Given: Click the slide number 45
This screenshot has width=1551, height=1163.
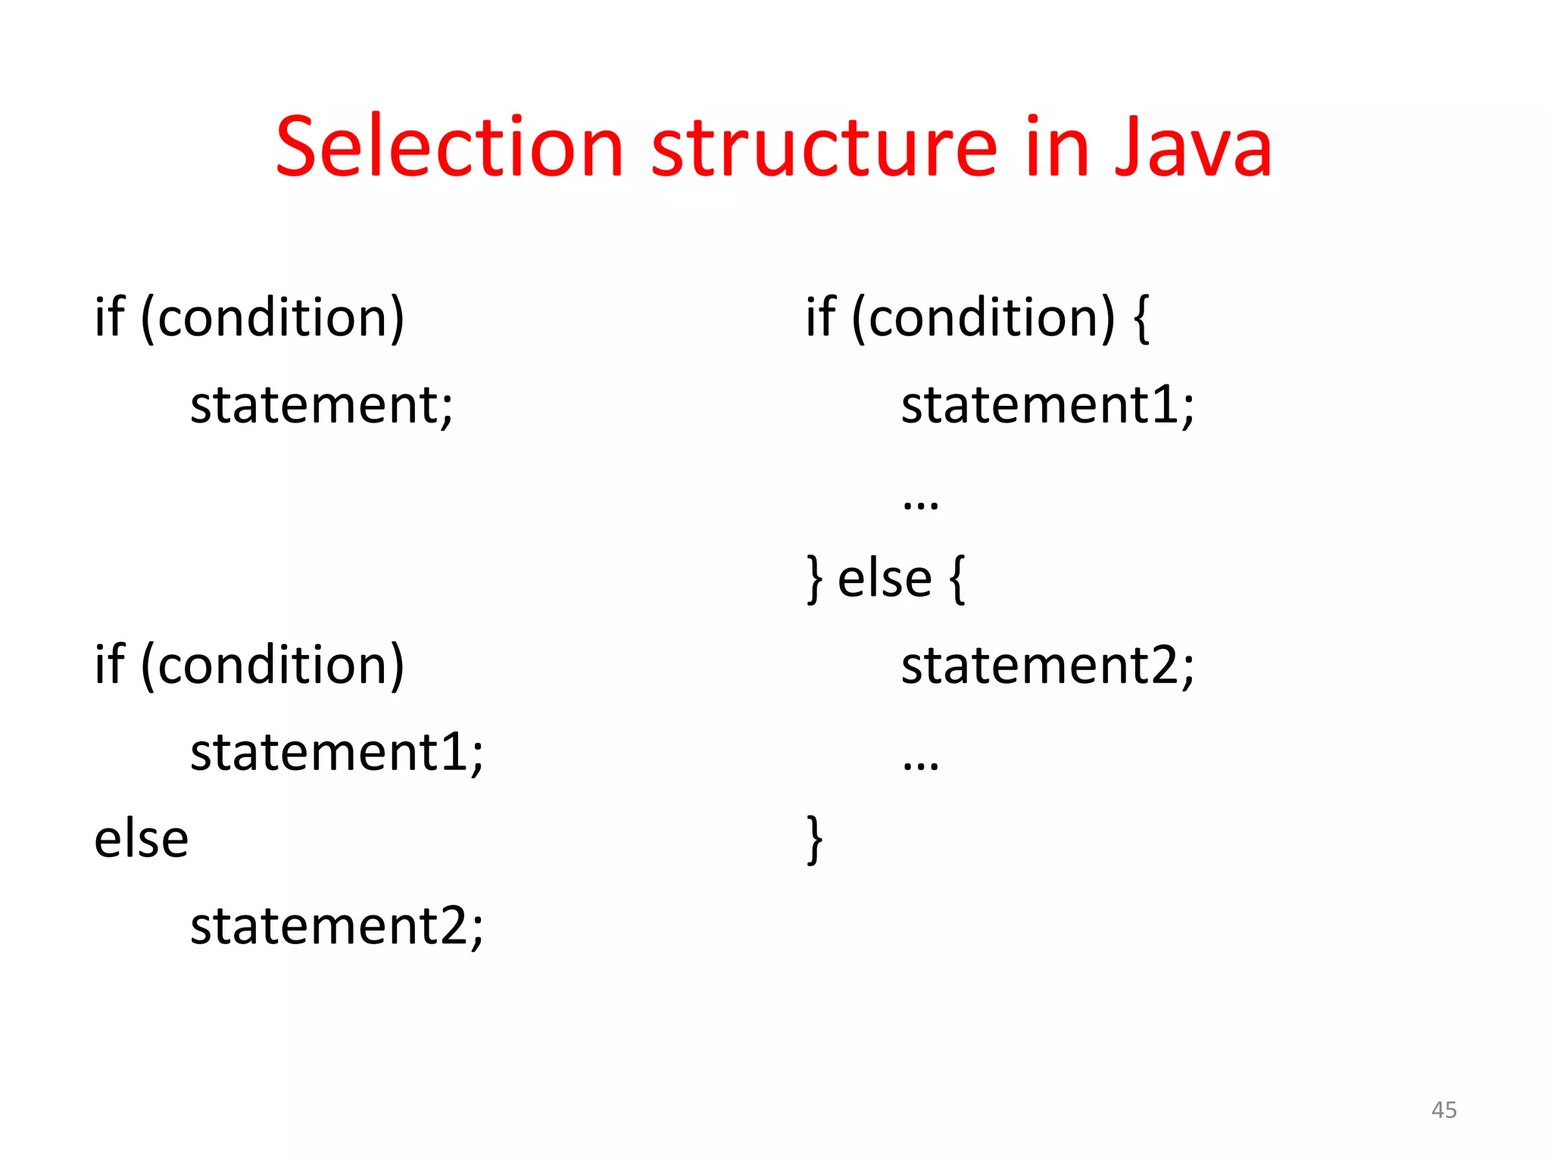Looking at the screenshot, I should tap(1443, 1110).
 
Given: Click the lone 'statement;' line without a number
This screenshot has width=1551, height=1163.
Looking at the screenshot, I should tap(322, 405).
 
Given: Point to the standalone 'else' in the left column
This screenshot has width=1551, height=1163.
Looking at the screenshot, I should tap(142, 840).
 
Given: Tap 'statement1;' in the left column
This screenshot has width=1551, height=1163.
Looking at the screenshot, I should tap(336, 753).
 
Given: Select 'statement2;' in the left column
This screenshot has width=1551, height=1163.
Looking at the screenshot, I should tap(336, 926).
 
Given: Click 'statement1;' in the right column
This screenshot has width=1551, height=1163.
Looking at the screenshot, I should tap(1047, 405).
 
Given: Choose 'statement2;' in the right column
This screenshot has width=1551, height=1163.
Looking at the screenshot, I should tap(1047, 666).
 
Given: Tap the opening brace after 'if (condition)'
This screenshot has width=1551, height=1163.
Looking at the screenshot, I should tap(1141, 318).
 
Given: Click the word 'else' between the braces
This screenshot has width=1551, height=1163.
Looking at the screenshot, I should tap(885, 579).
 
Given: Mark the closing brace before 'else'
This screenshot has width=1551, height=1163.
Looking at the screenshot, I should tap(814, 579).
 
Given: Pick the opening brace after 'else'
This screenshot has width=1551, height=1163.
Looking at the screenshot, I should tap(957, 579).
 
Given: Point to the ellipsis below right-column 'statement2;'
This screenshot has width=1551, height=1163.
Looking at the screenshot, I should tap(921, 763).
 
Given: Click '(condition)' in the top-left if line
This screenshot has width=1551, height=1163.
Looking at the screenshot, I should tap(273, 318).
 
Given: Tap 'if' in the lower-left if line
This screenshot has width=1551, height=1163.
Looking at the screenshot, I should tap(109, 664).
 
